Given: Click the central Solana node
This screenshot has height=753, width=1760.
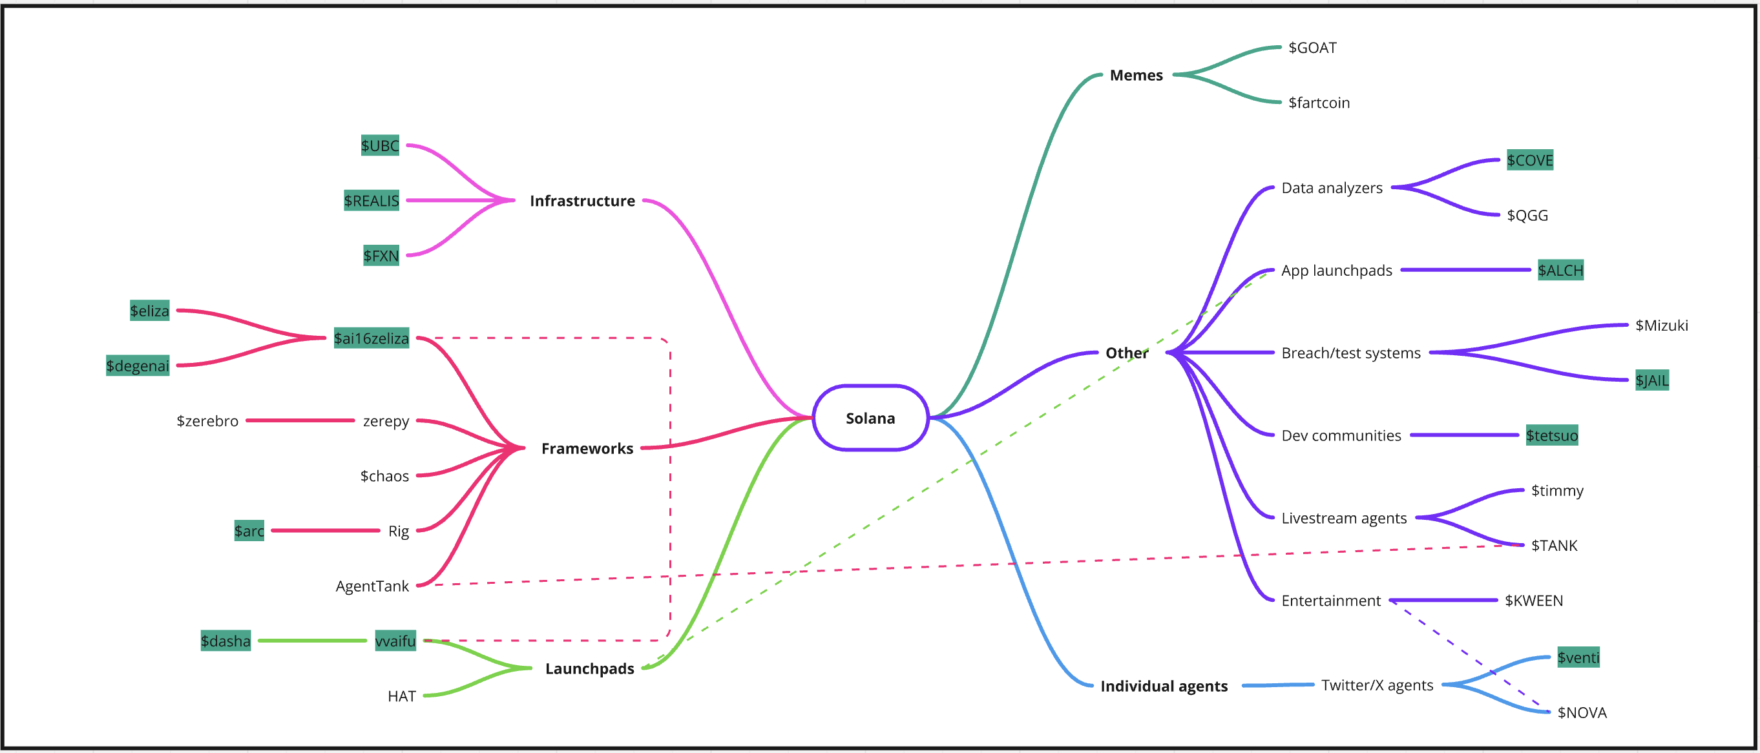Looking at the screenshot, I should (870, 418).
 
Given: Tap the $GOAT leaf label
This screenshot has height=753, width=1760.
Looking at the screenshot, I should (1312, 48).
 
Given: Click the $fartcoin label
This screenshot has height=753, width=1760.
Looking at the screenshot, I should (1318, 103).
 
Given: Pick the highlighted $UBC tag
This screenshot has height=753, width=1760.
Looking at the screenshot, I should (380, 145).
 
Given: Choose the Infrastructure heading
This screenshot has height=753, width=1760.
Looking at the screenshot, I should (582, 201).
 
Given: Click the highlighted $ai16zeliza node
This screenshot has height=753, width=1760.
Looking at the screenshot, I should (371, 338).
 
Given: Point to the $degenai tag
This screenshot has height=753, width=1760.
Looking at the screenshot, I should (138, 366).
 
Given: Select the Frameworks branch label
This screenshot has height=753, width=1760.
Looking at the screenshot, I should (587, 449).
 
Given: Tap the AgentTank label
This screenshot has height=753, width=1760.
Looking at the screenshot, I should (372, 586).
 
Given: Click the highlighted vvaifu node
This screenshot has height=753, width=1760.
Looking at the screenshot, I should (395, 641).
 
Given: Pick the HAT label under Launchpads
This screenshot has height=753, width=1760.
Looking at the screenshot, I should (401, 696).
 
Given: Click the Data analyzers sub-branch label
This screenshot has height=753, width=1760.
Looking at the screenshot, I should (1331, 188).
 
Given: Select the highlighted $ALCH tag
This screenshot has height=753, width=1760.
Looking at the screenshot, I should (1560, 271).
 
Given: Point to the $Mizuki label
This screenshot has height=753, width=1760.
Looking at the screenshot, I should (1661, 325).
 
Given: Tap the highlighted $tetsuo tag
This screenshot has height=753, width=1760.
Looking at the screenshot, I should (1551, 435).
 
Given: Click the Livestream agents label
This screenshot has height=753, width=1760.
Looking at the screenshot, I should (1343, 518).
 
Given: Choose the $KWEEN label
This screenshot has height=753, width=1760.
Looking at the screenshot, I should (1533, 601).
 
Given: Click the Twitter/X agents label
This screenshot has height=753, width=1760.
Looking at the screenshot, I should (1377, 685).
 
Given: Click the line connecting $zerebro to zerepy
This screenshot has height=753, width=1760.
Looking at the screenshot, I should (300, 420).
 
